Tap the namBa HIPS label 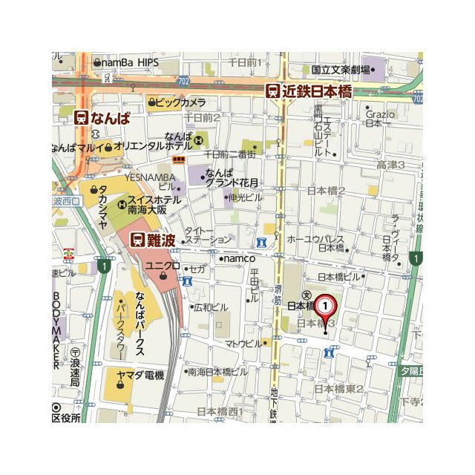click(x=130, y=63)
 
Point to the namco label click(x=239, y=258)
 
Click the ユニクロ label click(x=162, y=266)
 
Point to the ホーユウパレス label click(x=315, y=239)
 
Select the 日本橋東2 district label click(x=338, y=388)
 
